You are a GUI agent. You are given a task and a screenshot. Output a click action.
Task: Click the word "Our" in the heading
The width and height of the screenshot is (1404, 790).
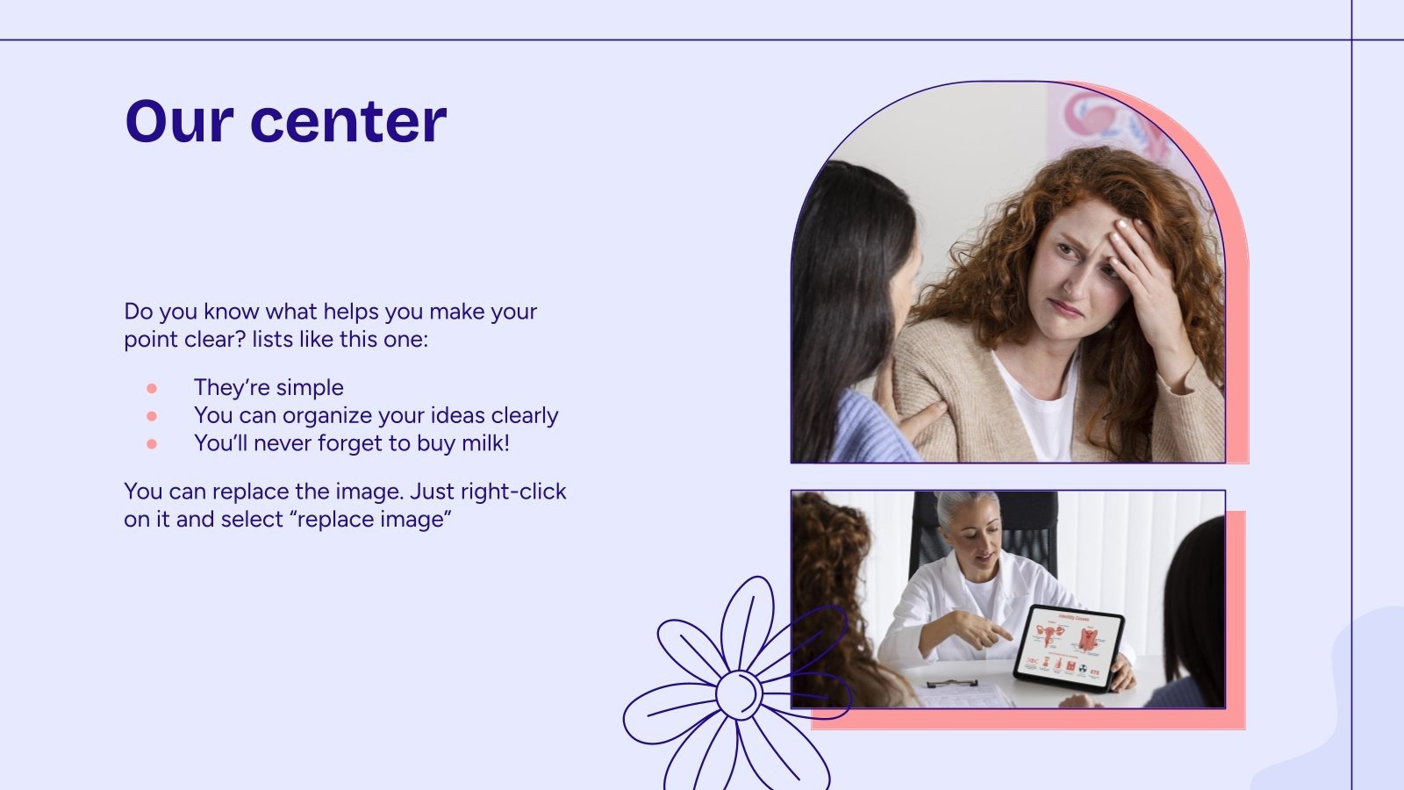click(178, 121)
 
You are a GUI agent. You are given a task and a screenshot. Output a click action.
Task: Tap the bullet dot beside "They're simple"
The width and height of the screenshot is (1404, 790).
click(152, 388)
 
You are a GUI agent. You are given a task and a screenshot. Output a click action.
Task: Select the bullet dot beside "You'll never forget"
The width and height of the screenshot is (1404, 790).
click(152, 444)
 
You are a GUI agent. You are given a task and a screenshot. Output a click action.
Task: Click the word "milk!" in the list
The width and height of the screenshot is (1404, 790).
click(485, 443)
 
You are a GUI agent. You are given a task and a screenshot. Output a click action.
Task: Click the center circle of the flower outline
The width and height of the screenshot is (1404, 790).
click(739, 693)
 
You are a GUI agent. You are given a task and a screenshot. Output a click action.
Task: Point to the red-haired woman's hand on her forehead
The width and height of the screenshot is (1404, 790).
click(1141, 263)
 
